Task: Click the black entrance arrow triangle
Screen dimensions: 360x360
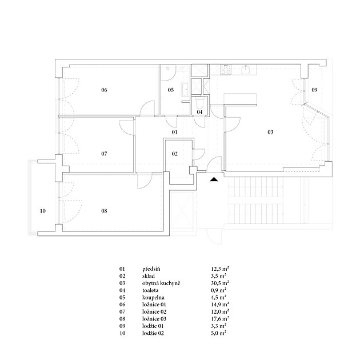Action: [x=214, y=179]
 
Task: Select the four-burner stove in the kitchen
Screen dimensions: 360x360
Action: [x=226, y=69]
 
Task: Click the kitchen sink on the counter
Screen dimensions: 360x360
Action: [x=247, y=69]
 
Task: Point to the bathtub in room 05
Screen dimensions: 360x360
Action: [x=185, y=89]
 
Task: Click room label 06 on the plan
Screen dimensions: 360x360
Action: [x=104, y=90]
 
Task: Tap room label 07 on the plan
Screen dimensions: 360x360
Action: [x=104, y=154]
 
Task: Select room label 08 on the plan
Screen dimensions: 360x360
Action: [x=104, y=211]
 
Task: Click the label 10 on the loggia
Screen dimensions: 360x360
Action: [x=43, y=211]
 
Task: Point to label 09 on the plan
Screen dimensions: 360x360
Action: [x=314, y=90]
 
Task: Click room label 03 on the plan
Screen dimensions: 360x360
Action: [x=270, y=132]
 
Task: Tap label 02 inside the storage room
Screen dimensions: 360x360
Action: [x=175, y=154]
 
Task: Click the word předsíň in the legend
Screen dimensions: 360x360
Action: [x=151, y=269]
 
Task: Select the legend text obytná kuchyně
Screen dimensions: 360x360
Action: [x=161, y=283]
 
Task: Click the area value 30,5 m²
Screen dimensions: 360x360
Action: [x=220, y=283]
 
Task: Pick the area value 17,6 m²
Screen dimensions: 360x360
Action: [x=220, y=319]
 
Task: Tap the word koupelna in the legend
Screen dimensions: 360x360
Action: [x=153, y=298]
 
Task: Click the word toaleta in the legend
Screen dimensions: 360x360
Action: [x=150, y=290]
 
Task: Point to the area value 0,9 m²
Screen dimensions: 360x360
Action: [x=219, y=290]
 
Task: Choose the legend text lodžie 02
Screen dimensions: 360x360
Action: [x=153, y=333]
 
